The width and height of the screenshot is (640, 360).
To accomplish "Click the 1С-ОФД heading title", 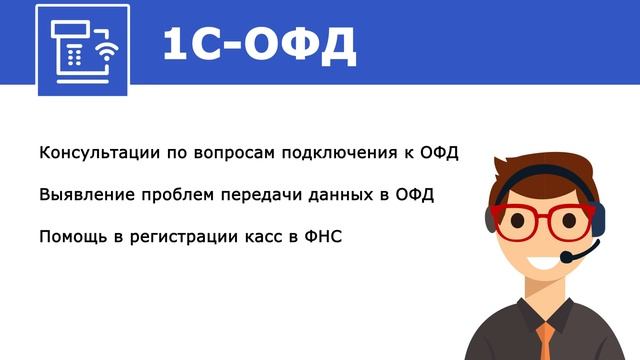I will (x=258, y=45).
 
